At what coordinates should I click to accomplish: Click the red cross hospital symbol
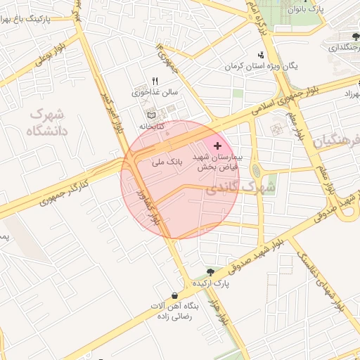click(x=217, y=145)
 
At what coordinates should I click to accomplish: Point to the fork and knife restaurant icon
click(x=155, y=81)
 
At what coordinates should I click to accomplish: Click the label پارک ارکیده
click(x=212, y=283)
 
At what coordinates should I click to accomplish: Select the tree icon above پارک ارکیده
click(x=210, y=272)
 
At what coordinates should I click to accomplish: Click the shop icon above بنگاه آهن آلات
click(x=174, y=295)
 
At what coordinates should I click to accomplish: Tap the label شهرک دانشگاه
click(x=49, y=122)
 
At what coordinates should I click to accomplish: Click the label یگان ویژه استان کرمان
click(x=262, y=66)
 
